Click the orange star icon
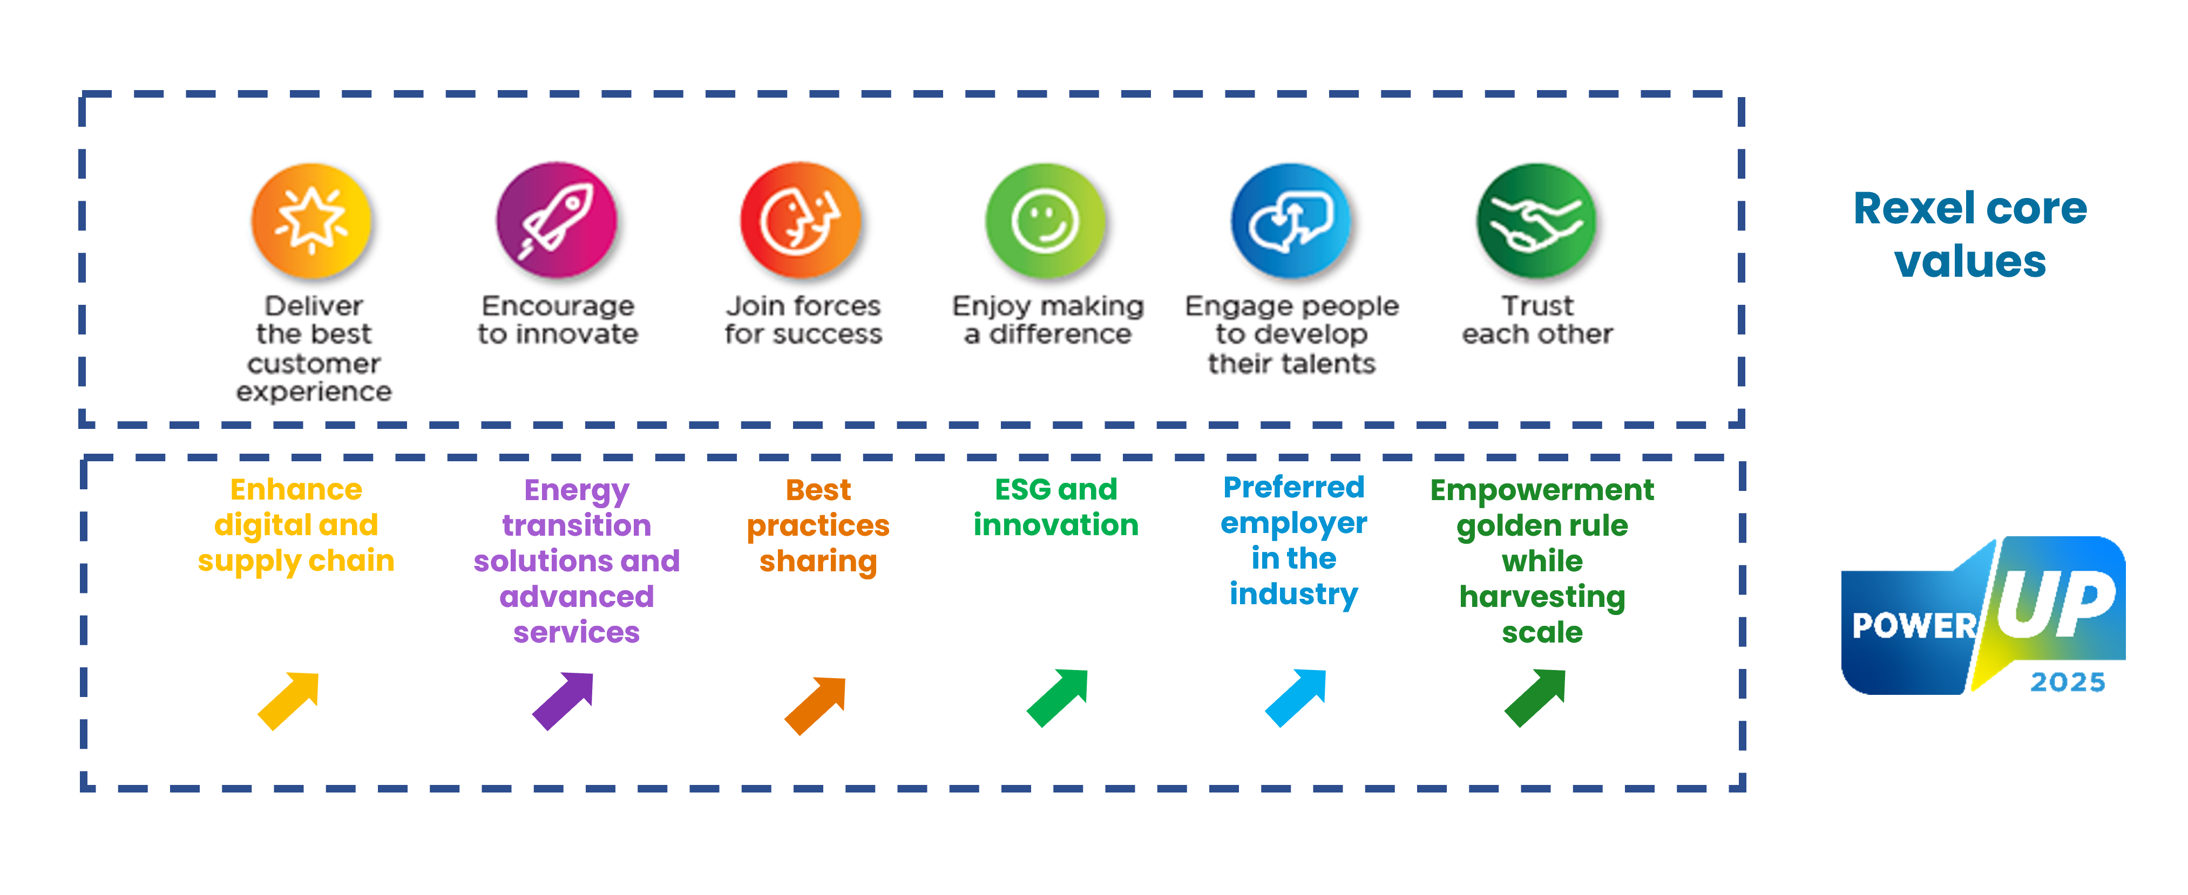[x=311, y=221]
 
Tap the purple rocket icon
[x=557, y=220]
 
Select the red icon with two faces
[x=801, y=221]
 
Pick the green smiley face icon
[x=1046, y=221]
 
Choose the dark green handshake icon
[x=1536, y=221]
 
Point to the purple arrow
[x=563, y=701]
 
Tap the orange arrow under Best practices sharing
[x=815, y=705]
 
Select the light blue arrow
[x=1295, y=697]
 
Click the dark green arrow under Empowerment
[x=1535, y=697]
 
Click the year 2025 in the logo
[x=2068, y=682]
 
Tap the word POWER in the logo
[x=1914, y=626]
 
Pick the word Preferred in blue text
[x=1293, y=487]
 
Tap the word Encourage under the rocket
[x=558, y=306]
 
